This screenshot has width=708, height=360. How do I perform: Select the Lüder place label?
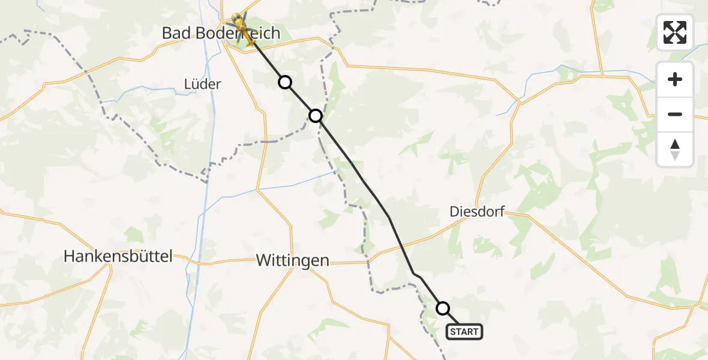(x=203, y=84)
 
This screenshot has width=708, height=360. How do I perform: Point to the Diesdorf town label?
(x=477, y=212)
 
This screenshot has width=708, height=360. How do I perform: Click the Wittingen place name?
(x=292, y=260)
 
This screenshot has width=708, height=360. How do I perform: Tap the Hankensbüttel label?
(x=118, y=257)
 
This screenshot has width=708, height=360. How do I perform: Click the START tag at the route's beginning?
(x=464, y=332)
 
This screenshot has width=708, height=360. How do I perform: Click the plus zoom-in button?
(x=675, y=79)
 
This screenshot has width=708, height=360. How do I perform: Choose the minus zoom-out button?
(x=675, y=114)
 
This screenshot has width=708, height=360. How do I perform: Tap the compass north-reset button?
(x=675, y=149)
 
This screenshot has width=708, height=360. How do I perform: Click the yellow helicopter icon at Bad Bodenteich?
(x=242, y=27)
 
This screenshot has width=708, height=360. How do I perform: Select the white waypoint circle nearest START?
(x=443, y=308)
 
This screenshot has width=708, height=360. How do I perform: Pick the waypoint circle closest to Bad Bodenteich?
(x=285, y=82)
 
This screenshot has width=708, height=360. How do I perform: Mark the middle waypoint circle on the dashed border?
(x=316, y=115)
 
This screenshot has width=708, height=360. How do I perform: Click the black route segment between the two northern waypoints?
(x=300, y=99)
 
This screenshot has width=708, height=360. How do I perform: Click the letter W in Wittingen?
(x=262, y=260)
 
